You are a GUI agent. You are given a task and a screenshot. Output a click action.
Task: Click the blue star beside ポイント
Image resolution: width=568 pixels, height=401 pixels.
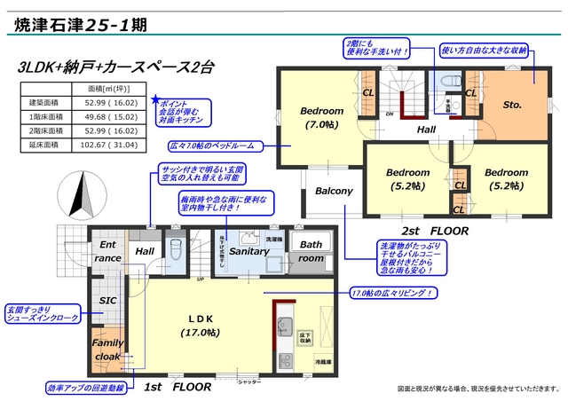pyautogui.click(x=156, y=100)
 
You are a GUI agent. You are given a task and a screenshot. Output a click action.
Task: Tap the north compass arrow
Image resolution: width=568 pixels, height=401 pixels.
pyautogui.click(x=81, y=194)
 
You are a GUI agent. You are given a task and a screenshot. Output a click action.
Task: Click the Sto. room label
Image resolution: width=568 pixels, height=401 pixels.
pyautogui.click(x=511, y=105)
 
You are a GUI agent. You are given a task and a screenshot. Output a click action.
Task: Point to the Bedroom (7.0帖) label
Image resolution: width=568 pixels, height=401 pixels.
pyautogui.click(x=320, y=118)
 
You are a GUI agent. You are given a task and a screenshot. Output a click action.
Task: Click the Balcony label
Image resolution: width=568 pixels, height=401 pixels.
pyautogui.click(x=334, y=191)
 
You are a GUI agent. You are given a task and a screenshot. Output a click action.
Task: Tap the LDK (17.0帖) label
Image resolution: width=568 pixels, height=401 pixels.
pyautogui.click(x=202, y=326)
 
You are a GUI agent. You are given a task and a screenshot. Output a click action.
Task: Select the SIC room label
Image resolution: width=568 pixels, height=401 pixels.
pyautogui.click(x=108, y=302)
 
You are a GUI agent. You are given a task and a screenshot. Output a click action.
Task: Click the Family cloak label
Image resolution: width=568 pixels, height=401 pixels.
pyautogui.click(x=108, y=349)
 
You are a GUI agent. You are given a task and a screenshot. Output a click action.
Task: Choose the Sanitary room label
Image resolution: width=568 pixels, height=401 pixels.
pyautogui.click(x=248, y=252)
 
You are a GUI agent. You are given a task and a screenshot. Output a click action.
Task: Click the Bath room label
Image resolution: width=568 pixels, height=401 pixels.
pyautogui.click(x=311, y=251)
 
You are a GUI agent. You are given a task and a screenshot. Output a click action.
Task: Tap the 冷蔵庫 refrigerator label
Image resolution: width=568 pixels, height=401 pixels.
pyautogui.click(x=322, y=363)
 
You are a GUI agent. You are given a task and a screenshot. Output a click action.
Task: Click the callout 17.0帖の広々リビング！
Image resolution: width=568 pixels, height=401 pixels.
pyautogui.click(x=391, y=294)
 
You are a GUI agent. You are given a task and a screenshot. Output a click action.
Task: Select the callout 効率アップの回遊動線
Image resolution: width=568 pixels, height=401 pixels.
pyautogui.click(x=80, y=388)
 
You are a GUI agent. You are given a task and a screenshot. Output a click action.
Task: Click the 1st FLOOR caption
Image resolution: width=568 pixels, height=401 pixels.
pyautogui.click(x=177, y=388)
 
